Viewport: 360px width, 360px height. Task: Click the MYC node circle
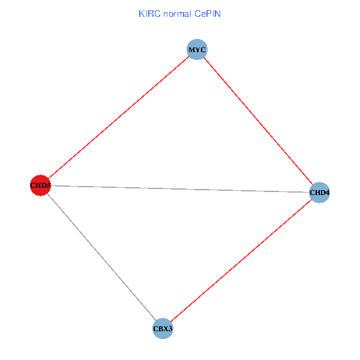pos(197,49)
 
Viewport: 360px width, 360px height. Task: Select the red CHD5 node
pos(40,185)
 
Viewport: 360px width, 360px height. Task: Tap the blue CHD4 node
pos(319,193)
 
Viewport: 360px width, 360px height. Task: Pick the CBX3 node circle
pos(163,329)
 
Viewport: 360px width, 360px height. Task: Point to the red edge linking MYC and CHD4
pos(258,121)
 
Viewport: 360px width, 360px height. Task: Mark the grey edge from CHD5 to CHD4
pos(180,189)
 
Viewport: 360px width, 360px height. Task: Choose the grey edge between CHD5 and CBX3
pos(102,257)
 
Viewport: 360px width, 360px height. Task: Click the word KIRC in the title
pos(148,13)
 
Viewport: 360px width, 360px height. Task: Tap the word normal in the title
pos(175,13)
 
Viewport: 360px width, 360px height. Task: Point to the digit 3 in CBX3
pos(171,329)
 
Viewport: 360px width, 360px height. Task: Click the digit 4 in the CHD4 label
pos(328,193)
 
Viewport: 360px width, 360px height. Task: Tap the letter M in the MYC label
pos(191,49)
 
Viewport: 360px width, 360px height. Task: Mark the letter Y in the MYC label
pos(197,49)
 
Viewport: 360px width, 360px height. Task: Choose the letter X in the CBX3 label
pos(165,329)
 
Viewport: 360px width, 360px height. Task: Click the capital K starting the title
pos(141,13)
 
